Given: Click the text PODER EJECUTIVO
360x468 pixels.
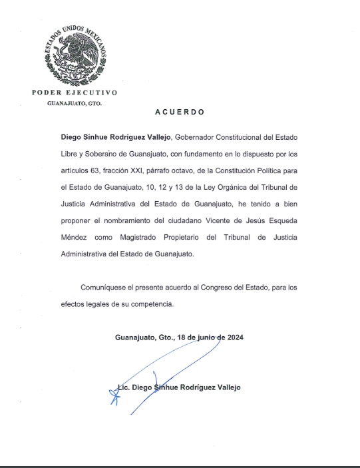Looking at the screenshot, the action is pyautogui.click(x=74, y=93).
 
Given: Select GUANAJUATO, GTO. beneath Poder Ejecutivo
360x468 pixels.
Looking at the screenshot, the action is pyautogui.click(x=74, y=103).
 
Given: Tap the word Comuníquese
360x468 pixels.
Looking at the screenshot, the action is pyautogui.click(x=106, y=288).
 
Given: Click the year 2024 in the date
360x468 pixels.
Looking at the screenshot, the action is pyautogui.click(x=235, y=338).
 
